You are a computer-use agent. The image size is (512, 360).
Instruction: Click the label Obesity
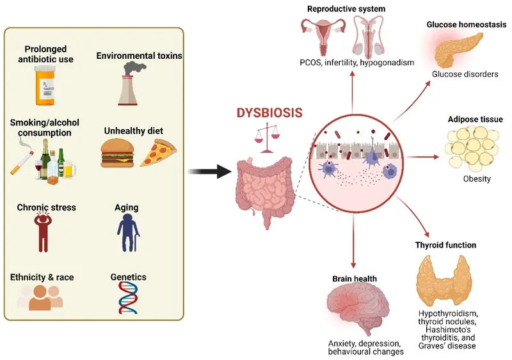tap(477, 179)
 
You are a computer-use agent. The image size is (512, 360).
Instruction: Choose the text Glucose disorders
tap(465, 74)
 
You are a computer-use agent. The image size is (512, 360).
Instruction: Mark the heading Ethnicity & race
tap(42, 278)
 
